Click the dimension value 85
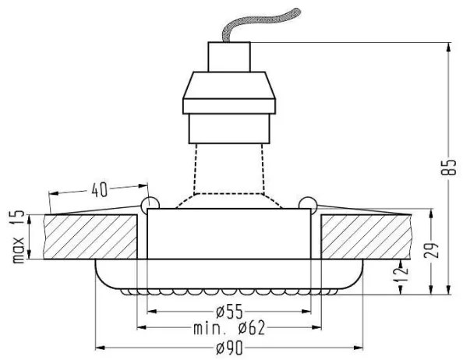(448, 168)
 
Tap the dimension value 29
(431, 251)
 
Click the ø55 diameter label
(229, 312)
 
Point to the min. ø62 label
(229, 328)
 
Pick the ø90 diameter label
(229, 348)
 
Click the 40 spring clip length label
(99, 189)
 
